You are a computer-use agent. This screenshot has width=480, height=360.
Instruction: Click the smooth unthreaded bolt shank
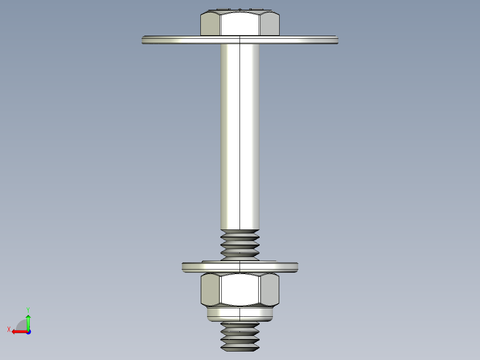point(240,134)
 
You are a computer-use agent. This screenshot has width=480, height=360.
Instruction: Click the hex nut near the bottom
point(240,290)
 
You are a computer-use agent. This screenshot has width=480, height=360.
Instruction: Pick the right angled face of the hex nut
point(269,290)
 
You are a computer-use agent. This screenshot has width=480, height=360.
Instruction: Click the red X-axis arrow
point(18,331)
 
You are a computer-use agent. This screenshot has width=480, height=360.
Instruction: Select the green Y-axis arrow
point(28,322)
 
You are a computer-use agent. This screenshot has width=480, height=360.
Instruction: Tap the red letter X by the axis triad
point(9,329)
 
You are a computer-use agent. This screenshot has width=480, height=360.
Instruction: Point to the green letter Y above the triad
point(28,309)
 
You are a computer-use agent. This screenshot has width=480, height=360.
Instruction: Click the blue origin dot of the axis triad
point(28,331)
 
